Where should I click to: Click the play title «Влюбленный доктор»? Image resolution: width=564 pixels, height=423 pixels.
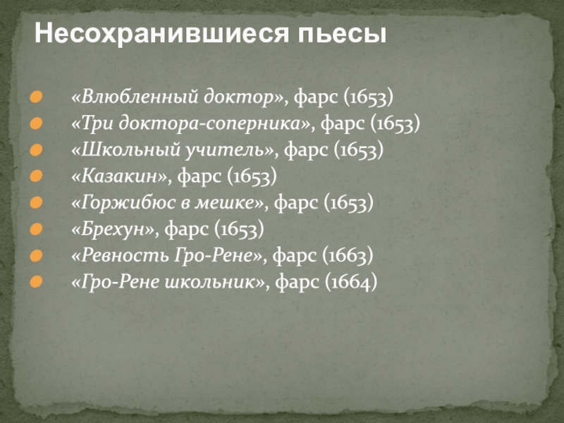pos(173,96)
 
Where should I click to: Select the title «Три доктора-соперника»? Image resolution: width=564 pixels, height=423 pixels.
pos(190,123)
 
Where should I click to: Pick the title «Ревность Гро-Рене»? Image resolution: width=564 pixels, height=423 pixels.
pos(167,255)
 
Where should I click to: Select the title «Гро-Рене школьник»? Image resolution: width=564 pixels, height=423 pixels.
pos(168,282)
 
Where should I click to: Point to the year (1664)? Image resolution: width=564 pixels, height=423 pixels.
pos(351,282)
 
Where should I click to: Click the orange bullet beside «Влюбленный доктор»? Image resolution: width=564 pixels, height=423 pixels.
pos(36,97)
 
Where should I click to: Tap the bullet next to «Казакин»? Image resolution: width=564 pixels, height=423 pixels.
pos(36,176)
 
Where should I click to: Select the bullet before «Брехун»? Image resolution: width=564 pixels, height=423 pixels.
pos(36,229)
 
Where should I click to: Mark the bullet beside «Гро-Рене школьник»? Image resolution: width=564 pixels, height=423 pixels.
pos(36,283)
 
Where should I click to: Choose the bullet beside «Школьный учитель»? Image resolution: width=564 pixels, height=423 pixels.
pos(36,150)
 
